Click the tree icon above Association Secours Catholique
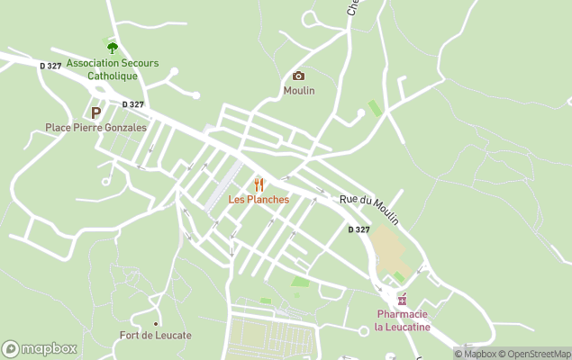click(x=113, y=48)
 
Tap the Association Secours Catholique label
click(x=113, y=69)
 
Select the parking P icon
click(x=95, y=112)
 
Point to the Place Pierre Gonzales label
click(x=95, y=128)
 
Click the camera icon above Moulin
click(x=298, y=76)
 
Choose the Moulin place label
click(x=299, y=91)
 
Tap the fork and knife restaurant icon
click(x=259, y=184)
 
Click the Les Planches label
click(x=259, y=199)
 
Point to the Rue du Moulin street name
click(x=368, y=209)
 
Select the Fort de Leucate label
click(x=156, y=336)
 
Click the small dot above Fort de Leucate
click(x=156, y=323)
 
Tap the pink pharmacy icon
click(x=402, y=300)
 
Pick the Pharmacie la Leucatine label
click(x=403, y=320)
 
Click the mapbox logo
click(x=40, y=348)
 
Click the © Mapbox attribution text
click(x=477, y=354)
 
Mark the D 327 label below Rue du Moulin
click(x=359, y=229)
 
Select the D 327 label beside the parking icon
click(x=132, y=104)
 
